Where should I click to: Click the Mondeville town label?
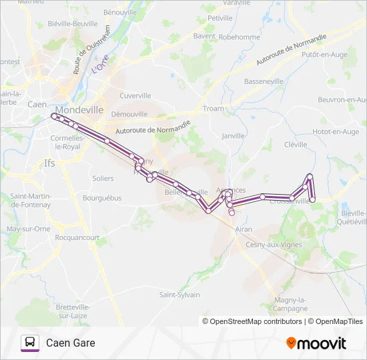pos(80,110)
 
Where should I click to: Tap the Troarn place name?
pos(213,109)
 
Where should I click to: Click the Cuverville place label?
pos(135,96)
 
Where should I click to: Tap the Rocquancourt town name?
pos(77,237)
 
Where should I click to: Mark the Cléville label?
pos(296,144)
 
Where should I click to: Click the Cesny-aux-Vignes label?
pos(274,245)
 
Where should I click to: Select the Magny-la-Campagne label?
pos(290,305)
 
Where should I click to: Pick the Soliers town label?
pos(103,179)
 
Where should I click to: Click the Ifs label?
pos(50,163)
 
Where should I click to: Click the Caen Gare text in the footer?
pos(71,343)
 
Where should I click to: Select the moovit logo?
pos(316,343)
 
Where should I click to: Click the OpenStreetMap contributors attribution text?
pos(255,321)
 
